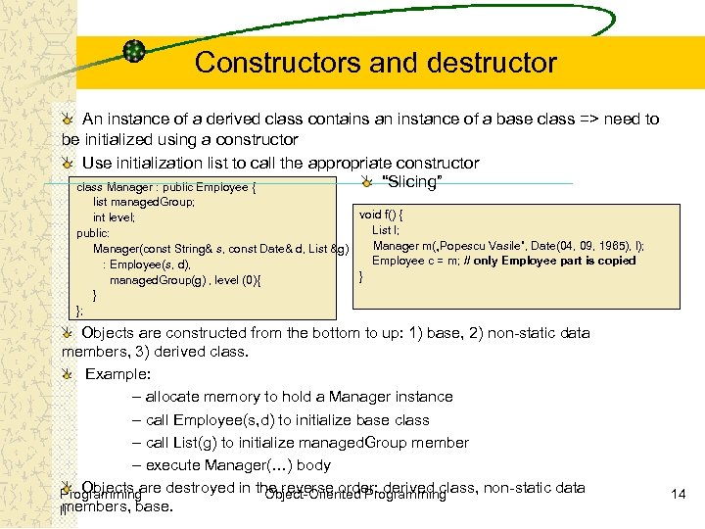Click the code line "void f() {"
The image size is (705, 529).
point(382,214)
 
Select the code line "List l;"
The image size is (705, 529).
point(385,229)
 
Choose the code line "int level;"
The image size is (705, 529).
point(114,217)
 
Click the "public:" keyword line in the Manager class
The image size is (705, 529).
point(93,233)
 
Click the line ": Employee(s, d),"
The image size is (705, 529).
point(147,264)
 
